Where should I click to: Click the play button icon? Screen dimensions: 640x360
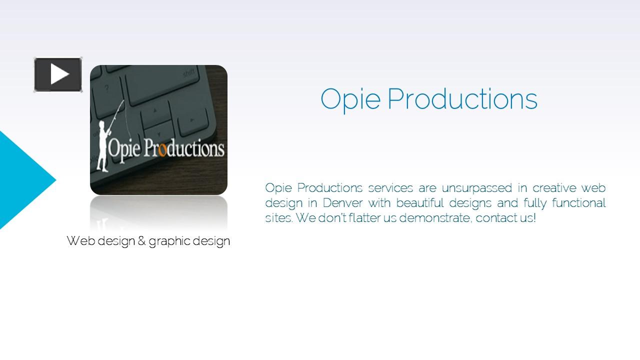pyautogui.click(x=58, y=74)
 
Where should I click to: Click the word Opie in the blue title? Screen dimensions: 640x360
pyautogui.click(x=350, y=100)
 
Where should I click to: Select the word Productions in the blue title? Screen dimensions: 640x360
pyautogui.click(x=462, y=99)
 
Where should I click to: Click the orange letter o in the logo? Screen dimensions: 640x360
pyautogui.click(x=162, y=150)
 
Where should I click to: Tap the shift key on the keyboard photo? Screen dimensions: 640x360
pyautogui.click(x=163, y=83)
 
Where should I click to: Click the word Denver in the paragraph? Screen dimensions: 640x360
pyautogui.click(x=342, y=203)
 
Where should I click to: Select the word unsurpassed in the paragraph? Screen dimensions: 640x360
pyautogui.click(x=477, y=188)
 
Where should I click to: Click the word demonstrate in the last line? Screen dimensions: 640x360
pyautogui.click(x=435, y=218)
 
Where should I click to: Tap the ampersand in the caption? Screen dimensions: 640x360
pyautogui.click(x=141, y=240)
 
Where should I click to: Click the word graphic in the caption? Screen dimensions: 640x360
pyautogui.click(x=169, y=241)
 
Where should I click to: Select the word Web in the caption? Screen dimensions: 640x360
pyautogui.click(x=81, y=240)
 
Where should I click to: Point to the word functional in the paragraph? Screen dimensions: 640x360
pyautogui.click(x=578, y=203)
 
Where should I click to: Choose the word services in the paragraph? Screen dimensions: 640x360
pyautogui.click(x=390, y=188)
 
